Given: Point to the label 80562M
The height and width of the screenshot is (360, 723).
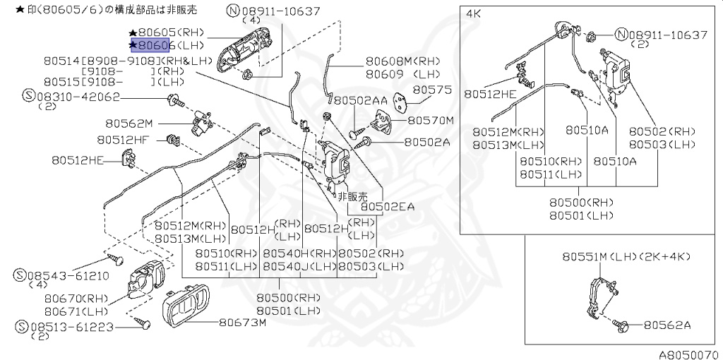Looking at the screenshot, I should coord(129,122).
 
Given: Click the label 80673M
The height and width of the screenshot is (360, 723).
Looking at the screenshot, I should coord(242,323).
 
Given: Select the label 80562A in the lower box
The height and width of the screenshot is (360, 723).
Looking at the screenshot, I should coord(667,325).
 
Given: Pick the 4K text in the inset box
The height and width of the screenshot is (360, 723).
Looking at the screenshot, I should coord(474,13).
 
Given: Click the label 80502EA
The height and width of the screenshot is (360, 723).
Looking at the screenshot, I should coord(388,207).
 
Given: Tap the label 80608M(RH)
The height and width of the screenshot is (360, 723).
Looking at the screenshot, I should coord(402,61).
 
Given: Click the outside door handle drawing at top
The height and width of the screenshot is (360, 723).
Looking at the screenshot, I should coord(240,54).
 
